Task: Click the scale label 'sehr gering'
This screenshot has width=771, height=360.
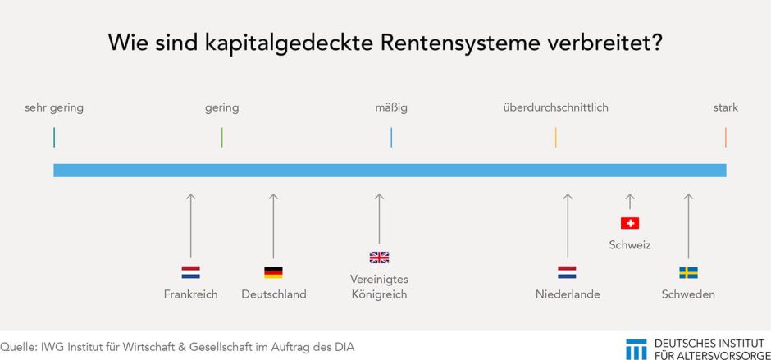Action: (54, 107)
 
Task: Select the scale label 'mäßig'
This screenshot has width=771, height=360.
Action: (391, 107)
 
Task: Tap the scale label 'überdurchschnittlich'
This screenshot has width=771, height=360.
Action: (555, 107)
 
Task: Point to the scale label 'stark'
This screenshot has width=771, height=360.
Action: (725, 107)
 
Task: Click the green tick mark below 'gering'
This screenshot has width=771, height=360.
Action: (222, 137)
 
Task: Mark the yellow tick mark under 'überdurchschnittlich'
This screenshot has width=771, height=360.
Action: (556, 137)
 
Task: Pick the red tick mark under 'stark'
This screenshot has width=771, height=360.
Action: (726, 137)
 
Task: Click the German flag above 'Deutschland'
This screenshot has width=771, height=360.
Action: (273, 272)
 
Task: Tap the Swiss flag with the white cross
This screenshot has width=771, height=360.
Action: (630, 223)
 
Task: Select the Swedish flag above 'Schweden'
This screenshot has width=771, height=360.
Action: (688, 272)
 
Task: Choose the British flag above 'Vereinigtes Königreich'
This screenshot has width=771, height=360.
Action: (379, 257)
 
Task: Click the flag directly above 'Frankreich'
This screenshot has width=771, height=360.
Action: (190, 272)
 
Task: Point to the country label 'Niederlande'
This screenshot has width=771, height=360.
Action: (567, 294)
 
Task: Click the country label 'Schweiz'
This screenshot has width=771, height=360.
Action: (630, 244)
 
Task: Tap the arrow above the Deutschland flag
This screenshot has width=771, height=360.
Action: (273, 226)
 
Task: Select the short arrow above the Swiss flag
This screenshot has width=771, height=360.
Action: (630, 202)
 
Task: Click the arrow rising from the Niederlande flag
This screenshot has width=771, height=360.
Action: (567, 226)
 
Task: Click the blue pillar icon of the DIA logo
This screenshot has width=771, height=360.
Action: (636, 348)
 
